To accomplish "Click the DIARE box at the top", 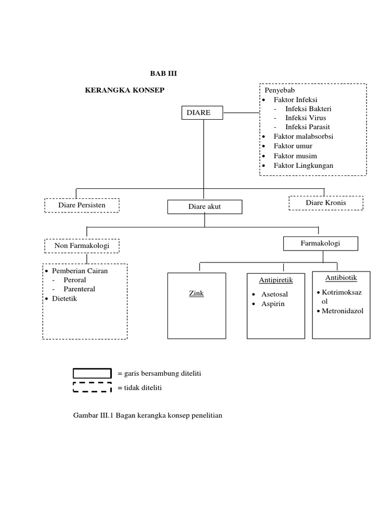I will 203,113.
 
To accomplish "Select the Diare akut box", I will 205,207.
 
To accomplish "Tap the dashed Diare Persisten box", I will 82,205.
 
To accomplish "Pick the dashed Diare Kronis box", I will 326,203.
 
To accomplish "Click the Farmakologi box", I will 320,243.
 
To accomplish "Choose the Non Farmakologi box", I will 83,246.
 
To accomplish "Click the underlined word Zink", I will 197,294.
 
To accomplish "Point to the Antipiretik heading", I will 276,280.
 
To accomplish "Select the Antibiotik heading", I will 341,278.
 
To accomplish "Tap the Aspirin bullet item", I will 273,304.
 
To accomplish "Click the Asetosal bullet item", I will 275,294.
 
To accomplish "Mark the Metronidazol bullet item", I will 342,311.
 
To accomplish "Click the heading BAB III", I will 164,74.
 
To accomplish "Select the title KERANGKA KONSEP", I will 125,90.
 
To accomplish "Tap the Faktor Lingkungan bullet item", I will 303,165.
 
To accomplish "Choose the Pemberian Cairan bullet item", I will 80,271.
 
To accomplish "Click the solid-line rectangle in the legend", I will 92,373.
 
